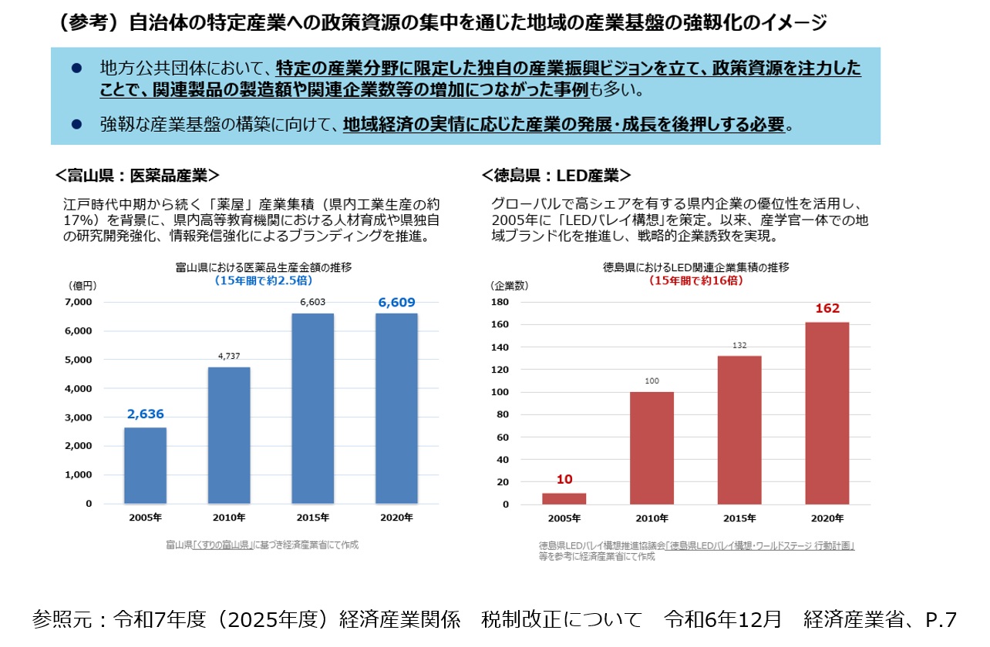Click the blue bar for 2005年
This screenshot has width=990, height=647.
tap(145, 465)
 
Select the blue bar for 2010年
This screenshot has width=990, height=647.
tap(229, 435)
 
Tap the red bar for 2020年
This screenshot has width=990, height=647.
tap(827, 413)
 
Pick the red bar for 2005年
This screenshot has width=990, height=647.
tap(564, 498)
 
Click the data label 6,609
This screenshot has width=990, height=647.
tap(396, 303)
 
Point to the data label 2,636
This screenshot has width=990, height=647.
tap(146, 414)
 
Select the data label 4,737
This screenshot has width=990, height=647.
tap(229, 356)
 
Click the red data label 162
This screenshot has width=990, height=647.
tap(827, 309)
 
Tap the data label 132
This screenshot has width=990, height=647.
tap(739, 345)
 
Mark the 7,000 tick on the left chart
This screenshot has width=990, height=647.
tap(77, 302)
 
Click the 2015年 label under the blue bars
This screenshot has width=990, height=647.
tap(313, 518)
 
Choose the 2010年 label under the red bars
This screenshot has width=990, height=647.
tap(652, 518)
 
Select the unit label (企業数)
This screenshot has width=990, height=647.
tap(509, 285)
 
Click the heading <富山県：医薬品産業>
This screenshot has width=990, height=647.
tap(137, 176)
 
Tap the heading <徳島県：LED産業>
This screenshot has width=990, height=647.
tap(556, 176)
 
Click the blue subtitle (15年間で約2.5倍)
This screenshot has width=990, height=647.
tap(263, 281)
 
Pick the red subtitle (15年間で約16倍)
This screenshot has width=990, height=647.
tap(695, 281)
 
